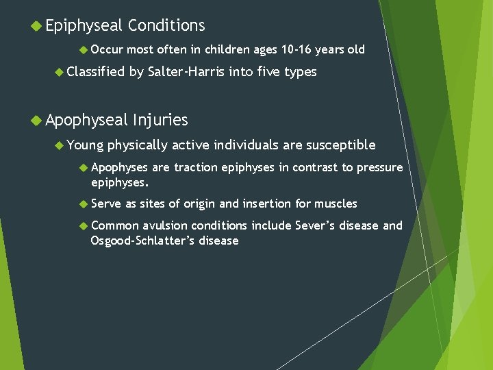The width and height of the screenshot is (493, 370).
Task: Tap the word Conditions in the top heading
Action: [x=166, y=26]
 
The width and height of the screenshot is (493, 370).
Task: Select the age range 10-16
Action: [x=299, y=49]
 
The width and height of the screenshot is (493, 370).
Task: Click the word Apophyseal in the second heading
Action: [x=87, y=120]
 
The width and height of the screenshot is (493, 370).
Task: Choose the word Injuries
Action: [x=161, y=120]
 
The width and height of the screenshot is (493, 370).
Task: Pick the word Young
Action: [x=85, y=145]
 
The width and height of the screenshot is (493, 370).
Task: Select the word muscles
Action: [x=336, y=203]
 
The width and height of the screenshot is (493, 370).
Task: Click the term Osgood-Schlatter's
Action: [x=142, y=241]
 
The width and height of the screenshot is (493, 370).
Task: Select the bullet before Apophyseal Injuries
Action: [x=36, y=121]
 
